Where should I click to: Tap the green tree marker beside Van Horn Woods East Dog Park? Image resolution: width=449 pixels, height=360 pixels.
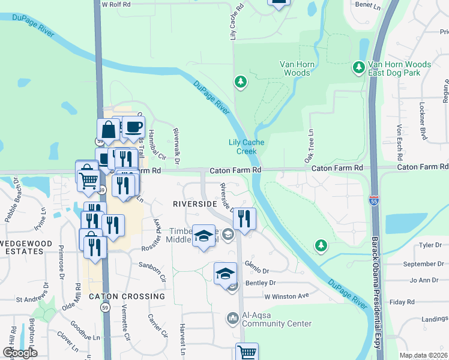click(360, 67)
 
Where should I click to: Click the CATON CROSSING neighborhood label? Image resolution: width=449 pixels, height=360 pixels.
click(126, 296)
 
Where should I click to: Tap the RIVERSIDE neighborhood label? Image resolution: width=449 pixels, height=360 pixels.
click(194, 204)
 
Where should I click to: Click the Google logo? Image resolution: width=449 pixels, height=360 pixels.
click(19, 353)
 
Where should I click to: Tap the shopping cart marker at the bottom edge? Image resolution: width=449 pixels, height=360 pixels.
click(247, 352)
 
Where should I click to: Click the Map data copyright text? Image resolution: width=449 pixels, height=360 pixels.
click(423, 356)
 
